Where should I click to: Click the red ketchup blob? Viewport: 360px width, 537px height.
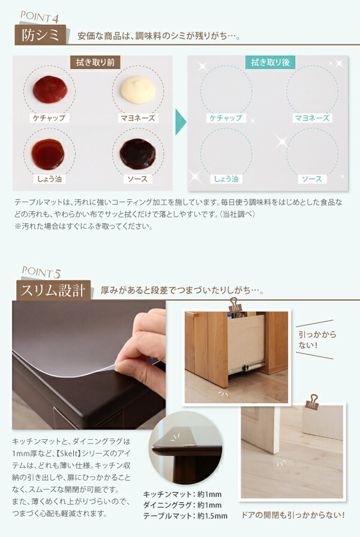pos(50,89)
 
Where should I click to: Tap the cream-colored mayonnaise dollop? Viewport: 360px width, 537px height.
pos(138,89)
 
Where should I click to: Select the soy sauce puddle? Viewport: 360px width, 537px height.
pos(48,153)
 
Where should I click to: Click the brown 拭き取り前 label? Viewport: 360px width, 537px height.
pos(95,62)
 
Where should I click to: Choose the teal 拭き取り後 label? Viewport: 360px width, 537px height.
pos(270,62)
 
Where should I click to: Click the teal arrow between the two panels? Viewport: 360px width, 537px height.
pos(180,122)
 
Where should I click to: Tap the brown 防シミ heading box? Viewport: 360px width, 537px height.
pos(40,35)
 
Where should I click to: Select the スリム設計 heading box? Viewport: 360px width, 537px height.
pos(53,290)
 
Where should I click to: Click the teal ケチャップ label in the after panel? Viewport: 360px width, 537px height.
pos(226,118)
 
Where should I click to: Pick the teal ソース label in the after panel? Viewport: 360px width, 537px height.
pos(312,179)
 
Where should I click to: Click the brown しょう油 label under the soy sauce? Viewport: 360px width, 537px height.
pos(49,179)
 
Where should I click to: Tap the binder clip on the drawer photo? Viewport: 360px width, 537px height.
pos(233,305)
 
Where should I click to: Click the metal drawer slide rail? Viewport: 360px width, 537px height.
pos(247,365)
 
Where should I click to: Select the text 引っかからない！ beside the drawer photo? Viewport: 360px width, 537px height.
pos(317,339)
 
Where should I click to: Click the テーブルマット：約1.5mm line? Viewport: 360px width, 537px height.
pos(185,516)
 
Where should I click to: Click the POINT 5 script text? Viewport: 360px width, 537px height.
pos(41,272)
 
